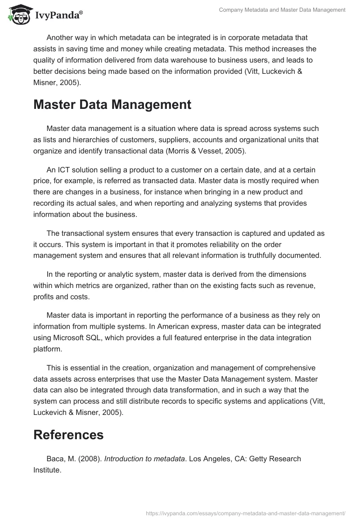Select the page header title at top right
282,9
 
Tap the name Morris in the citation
177,151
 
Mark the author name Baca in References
56,459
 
